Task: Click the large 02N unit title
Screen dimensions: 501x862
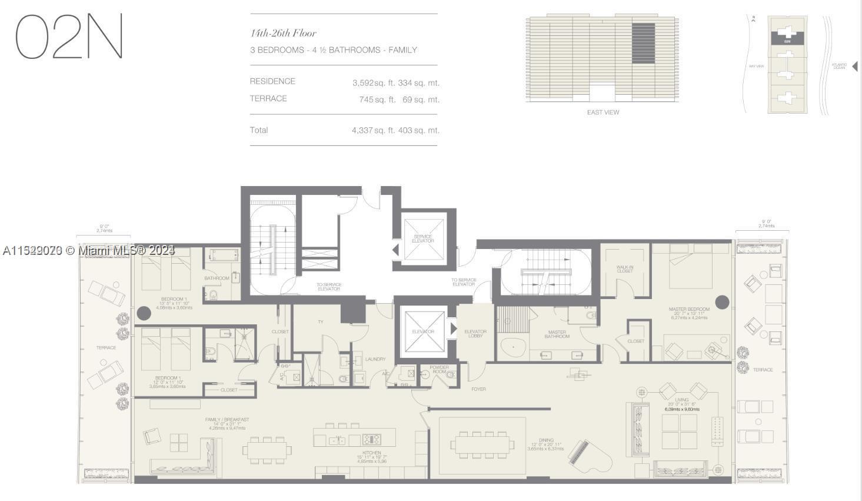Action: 69,37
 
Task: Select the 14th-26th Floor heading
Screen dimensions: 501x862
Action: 283,34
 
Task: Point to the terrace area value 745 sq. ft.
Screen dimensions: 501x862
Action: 377,99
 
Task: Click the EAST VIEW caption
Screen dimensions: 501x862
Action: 603,112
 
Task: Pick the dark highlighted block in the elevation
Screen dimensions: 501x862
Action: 643,43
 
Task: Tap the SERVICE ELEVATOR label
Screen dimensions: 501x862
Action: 422,238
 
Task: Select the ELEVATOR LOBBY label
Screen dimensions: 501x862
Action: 475,334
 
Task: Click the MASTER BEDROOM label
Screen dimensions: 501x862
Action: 689,309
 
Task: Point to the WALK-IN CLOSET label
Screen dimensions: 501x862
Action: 625,269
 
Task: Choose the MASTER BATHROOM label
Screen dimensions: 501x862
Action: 557,334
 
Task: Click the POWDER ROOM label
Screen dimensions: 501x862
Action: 439,369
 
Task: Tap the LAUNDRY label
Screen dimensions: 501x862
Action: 375,359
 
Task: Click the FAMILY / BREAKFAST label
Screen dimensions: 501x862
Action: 227,420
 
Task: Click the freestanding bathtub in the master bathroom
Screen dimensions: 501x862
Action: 513,348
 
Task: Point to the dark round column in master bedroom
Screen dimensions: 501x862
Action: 722,302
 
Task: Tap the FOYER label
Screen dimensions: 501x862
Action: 478,389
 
